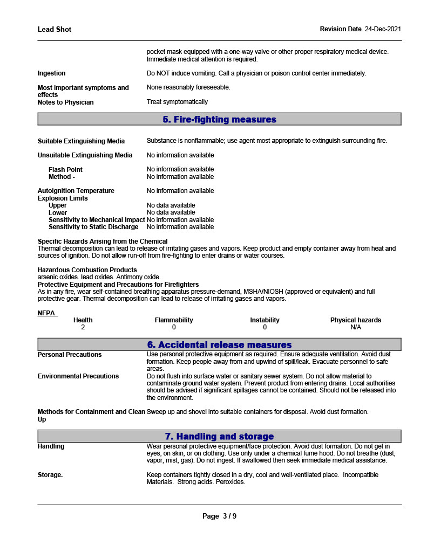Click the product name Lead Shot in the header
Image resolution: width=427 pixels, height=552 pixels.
click(x=54, y=29)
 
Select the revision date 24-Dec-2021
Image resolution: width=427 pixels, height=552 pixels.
click(x=383, y=29)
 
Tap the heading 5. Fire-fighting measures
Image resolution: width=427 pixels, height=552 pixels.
click(x=219, y=119)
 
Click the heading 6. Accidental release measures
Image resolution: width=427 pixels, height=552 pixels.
click(x=219, y=344)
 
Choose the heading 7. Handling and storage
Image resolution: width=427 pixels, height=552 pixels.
click(x=219, y=436)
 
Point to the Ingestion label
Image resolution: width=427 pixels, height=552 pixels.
click(x=51, y=73)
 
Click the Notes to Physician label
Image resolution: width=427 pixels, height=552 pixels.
click(x=65, y=102)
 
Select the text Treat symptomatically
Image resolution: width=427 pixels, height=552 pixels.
click(x=177, y=102)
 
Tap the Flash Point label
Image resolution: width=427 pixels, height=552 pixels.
click(x=65, y=170)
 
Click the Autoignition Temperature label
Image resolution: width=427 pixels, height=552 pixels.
click(x=76, y=191)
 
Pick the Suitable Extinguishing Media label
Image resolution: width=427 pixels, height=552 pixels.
click(x=81, y=141)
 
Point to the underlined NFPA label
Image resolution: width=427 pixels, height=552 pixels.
click(x=46, y=313)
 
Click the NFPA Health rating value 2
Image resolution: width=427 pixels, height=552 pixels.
click(x=83, y=327)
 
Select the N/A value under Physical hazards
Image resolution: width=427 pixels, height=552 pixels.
click(x=355, y=327)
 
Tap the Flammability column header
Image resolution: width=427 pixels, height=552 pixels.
click(x=174, y=320)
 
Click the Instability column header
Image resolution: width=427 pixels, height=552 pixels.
click(x=265, y=320)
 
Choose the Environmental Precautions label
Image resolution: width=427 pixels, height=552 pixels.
click(x=78, y=376)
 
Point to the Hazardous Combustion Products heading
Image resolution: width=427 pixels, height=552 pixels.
click(x=87, y=270)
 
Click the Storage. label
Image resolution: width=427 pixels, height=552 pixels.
click(x=50, y=475)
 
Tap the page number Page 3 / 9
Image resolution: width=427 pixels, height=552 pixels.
click(x=219, y=516)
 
